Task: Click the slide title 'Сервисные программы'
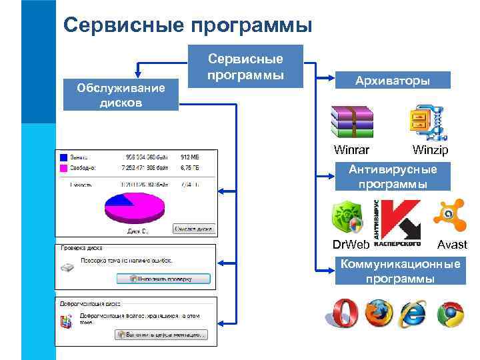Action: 187,25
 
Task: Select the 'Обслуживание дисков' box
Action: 121,95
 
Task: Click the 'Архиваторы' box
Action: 393,81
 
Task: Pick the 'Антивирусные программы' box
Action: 393,177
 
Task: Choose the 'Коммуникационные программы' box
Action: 400,271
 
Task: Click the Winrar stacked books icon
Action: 353,122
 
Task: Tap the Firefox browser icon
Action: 378,313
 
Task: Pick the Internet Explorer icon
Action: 414,313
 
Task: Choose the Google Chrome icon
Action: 451,314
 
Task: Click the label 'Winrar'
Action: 351,150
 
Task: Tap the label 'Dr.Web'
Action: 350,245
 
